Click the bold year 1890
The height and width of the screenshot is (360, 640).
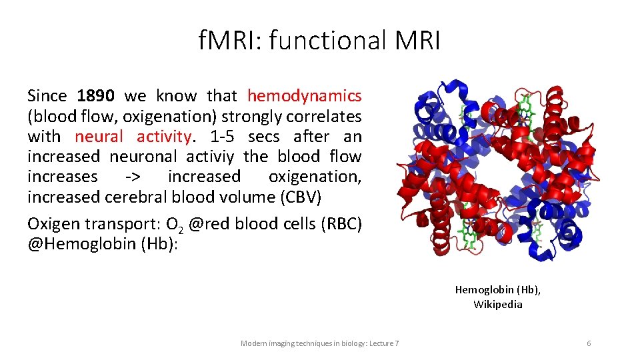click(x=95, y=96)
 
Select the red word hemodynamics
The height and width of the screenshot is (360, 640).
click(x=305, y=96)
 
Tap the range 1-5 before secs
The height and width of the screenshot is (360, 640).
click(x=223, y=137)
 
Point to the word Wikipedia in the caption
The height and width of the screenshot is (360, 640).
click(x=498, y=305)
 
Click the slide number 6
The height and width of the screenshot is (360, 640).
click(x=589, y=343)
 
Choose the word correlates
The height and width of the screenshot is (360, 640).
click(x=324, y=117)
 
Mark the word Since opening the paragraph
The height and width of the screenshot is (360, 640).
click(x=47, y=96)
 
